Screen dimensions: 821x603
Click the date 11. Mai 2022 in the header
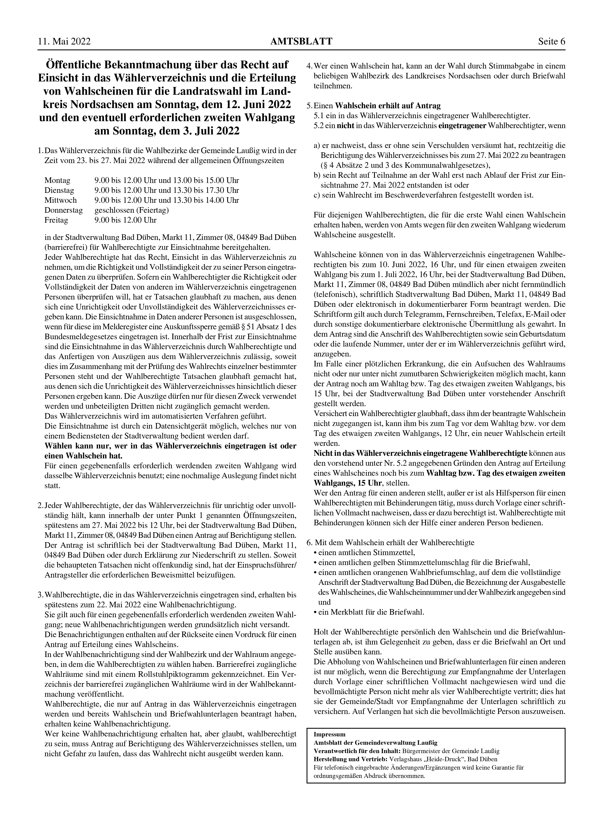[x=64, y=42]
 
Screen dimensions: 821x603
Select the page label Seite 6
[x=552, y=42]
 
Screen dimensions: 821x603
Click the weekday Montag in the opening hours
[x=57, y=180]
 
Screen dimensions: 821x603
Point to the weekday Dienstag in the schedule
[x=59, y=190]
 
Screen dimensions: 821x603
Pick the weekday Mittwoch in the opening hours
[x=61, y=200]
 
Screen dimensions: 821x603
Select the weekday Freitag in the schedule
[x=56, y=220]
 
